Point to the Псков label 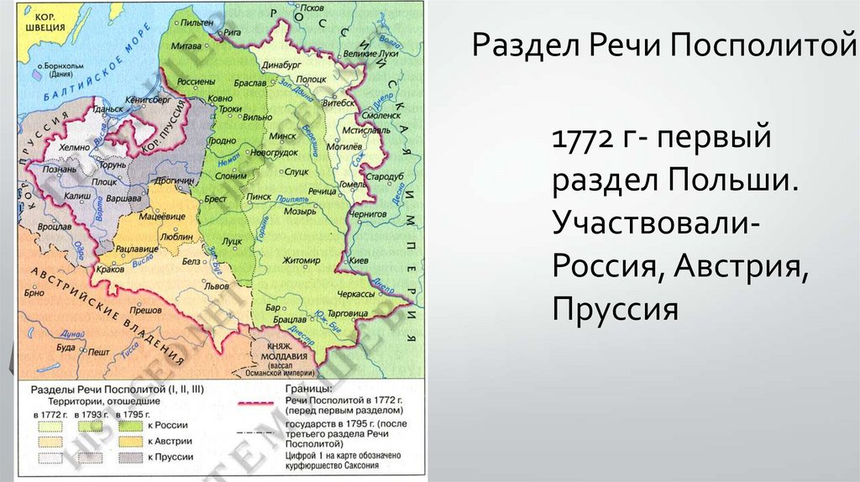[312, 8]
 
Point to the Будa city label [66, 347]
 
